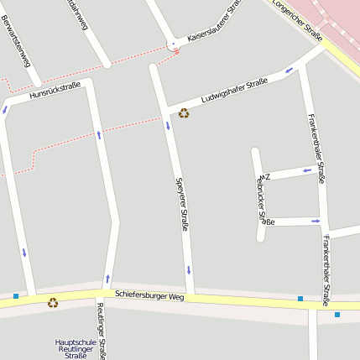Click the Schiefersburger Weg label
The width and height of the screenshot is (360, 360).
pyautogui.click(x=149, y=296)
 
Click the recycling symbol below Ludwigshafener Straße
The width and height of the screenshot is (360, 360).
pyautogui.click(x=184, y=113)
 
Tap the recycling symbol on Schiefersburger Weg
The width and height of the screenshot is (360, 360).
pyautogui.click(x=53, y=303)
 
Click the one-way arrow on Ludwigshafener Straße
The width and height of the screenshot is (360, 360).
pyautogui.click(x=289, y=70)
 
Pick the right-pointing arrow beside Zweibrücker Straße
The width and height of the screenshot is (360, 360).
pyautogui.click(x=316, y=222)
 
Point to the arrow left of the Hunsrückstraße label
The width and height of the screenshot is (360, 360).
pyautogui.click(x=8, y=107)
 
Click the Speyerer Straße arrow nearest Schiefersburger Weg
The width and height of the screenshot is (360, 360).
pyautogui.click(x=189, y=270)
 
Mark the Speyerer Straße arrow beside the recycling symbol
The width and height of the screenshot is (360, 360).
pyautogui.click(x=167, y=126)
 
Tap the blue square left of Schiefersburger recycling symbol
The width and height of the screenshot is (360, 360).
pyautogui.click(x=15, y=295)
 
